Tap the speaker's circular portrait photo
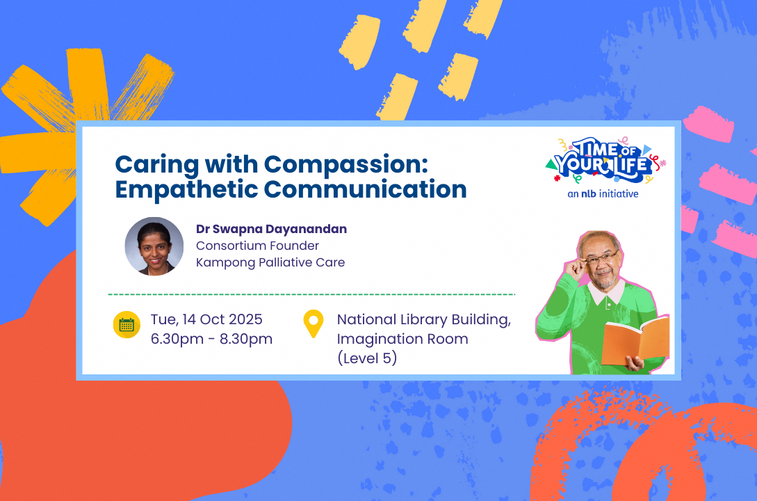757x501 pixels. (x=154, y=246)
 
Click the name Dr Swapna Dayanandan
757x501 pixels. (x=271, y=229)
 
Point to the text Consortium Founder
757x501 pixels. (x=257, y=246)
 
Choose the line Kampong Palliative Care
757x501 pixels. (x=270, y=262)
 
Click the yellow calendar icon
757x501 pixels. (x=127, y=325)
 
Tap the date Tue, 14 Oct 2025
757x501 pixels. (x=206, y=320)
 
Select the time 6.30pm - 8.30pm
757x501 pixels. (x=211, y=339)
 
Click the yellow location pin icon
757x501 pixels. (x=314, y=324)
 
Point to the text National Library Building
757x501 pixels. (x=423, y=320)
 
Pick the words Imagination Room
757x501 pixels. (x=402, y=340)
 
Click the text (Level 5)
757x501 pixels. (x=367, y=359)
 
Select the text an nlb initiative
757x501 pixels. (x=603, y=194)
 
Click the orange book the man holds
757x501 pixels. (x=635, y=342)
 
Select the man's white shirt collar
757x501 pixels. (x=606, y=292)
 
